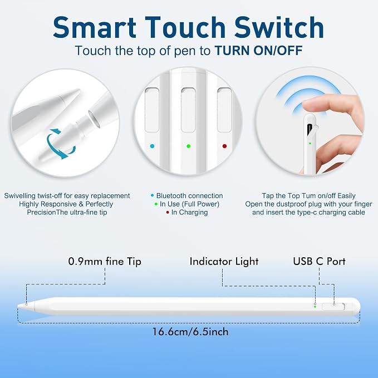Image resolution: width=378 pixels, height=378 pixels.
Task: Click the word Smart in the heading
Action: [95, 27]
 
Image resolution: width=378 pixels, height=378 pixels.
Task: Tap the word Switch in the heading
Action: [279, 27]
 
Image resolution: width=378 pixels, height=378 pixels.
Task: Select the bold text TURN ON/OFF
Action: [259, 51]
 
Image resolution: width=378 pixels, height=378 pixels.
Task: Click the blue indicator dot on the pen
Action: [152, 146]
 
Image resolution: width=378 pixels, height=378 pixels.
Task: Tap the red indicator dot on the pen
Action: [224, 146]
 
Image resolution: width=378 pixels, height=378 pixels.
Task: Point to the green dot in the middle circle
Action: [189, 146]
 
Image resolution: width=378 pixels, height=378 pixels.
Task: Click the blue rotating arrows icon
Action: [60, 144]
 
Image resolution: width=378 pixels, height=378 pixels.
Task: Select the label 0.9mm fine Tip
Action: [105, 261]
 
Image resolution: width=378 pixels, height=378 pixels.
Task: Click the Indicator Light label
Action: [224, 261]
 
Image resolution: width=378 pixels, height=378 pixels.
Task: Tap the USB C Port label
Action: [319, 261]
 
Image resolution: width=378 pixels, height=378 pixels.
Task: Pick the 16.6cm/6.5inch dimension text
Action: [190, 332]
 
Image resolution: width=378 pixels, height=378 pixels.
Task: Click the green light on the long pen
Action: [315, 307]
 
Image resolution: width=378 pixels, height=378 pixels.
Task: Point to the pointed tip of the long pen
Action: [18, 306]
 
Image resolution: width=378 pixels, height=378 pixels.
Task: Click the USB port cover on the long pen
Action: [333, 307]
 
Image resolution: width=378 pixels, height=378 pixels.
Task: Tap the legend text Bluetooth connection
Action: [189, 196]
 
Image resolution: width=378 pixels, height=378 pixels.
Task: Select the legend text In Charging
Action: [189, 213]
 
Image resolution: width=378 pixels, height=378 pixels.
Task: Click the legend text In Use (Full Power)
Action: [189, 204]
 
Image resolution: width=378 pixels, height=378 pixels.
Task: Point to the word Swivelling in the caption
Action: [20, 196]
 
